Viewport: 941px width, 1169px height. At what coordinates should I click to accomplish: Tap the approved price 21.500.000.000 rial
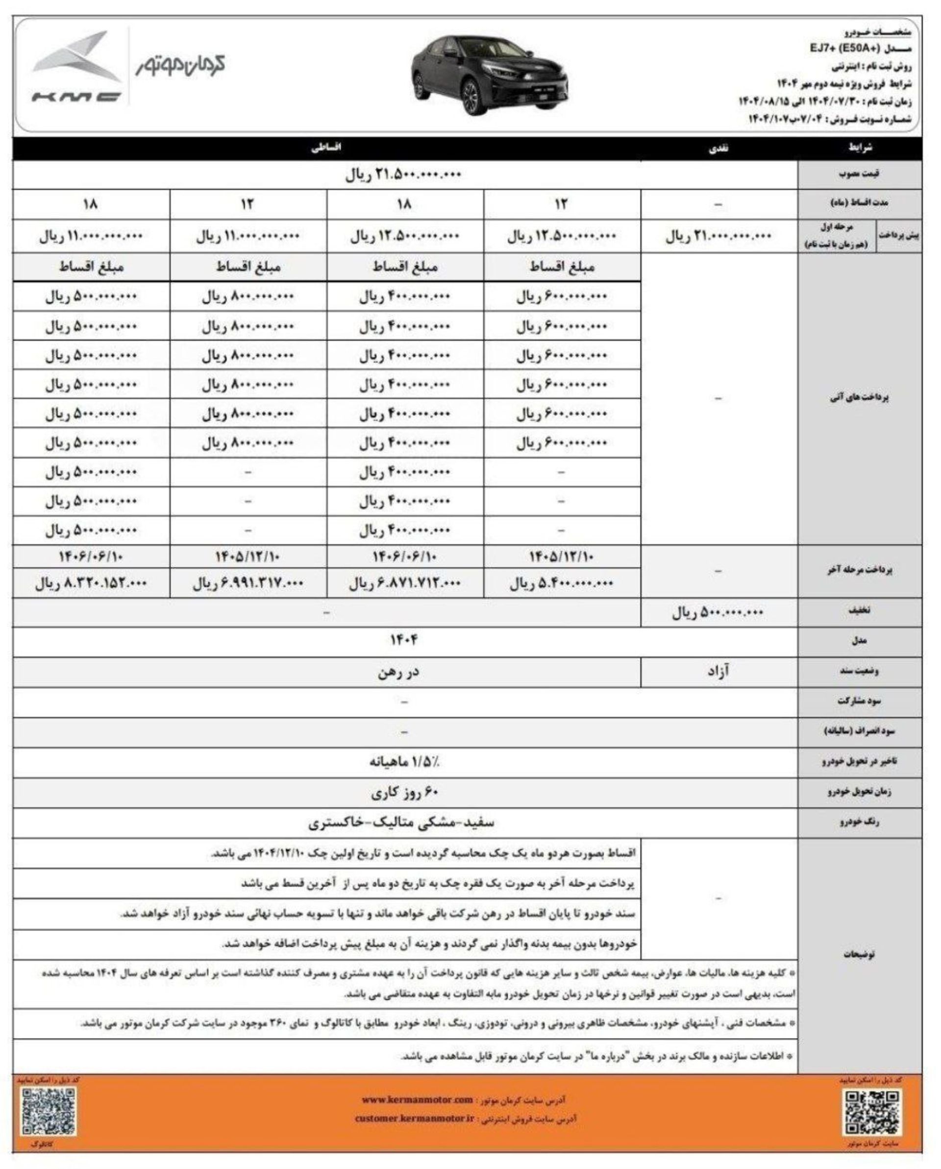[403, 174]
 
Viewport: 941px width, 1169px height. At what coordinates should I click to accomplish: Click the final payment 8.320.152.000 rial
[91, 584]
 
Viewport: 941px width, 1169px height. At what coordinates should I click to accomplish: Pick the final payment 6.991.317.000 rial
[248, 584]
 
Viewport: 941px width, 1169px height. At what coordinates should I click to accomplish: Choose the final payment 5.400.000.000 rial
[561, 584]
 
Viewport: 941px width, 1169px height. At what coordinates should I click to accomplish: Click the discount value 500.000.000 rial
[718, 613]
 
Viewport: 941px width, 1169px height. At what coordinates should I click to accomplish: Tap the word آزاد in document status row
[718, 672]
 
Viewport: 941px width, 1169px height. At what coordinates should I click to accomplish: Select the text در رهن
[398, 672]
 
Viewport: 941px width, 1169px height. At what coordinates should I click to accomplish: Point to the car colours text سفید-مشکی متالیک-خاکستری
[402, 823]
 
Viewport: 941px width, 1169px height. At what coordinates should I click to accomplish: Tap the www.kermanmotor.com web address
[417, 1099]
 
